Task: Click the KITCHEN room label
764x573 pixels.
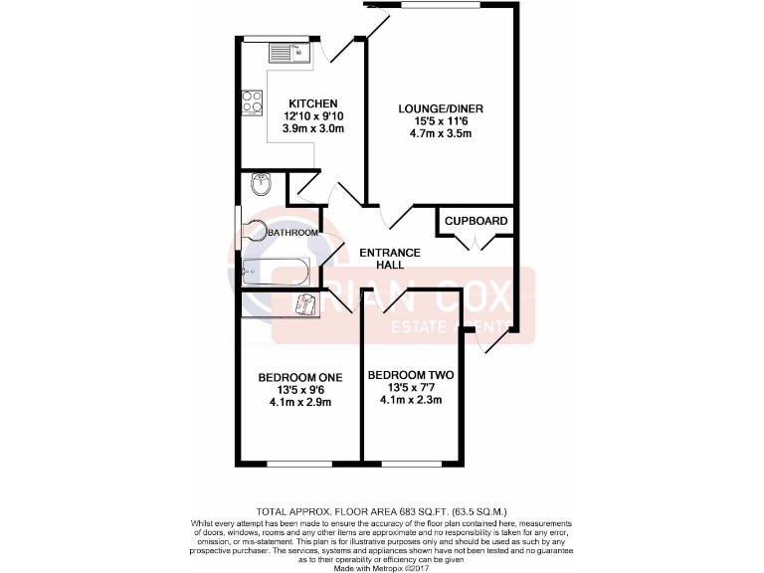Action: pyautogui.click(x=313, y=103)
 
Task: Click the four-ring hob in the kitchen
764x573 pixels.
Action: pyautogui.click(x=251, y=101)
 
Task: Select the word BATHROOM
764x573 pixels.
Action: pyautogui.click(x=293, y=233)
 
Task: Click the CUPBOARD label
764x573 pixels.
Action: pyautogui.click(x=476, y=221)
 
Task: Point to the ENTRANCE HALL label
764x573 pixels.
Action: pyautogui.click(x=389, y=259)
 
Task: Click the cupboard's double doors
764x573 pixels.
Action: pyautogui.click(x=476, y=243)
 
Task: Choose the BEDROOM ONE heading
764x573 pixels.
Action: pyautogui.click(x=299, y=377)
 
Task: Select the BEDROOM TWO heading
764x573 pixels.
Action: pyautogui.click(x=410, y=375)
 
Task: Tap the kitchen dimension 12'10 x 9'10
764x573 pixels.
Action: pyautogui.click(x=313, y=116)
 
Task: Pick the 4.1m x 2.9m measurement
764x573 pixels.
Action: pyautogui.click(x=299, y=403)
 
